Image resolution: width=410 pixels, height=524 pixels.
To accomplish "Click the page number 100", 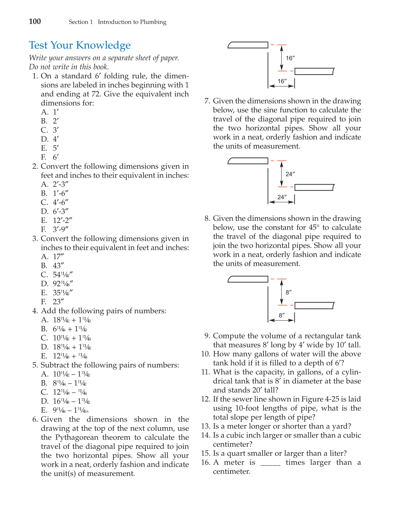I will coord(35,22).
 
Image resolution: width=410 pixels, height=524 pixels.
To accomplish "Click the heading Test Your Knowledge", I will coord(80,45).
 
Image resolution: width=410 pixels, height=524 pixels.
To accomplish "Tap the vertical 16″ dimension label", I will coord(290,58).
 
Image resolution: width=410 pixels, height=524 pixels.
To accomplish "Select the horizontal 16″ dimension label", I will coord(282,81).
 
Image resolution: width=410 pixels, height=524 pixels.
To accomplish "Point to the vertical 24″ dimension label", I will coord(290,174).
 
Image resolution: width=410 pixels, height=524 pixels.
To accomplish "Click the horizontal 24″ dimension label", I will coord(282,197).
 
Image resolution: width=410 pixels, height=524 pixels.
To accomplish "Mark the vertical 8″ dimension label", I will coord(289,292).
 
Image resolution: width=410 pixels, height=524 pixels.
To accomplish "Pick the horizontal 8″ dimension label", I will coord(282,315).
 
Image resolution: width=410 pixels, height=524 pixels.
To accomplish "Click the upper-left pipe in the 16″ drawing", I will coord(248,45).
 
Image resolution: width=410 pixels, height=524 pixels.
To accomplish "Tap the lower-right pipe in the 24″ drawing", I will coord(314,187).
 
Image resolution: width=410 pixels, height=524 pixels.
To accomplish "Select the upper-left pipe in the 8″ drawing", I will coord(248,279).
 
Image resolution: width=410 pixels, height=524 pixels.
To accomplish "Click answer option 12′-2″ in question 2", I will coord(62,220).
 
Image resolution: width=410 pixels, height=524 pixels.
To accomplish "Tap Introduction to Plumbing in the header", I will coord(132,22).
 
